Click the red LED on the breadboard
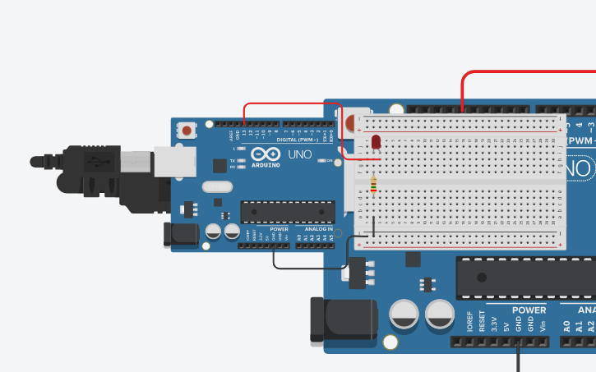(376, 143)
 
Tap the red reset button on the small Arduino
(188, 131)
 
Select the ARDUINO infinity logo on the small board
(266, 156)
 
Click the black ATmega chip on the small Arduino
(287, 211)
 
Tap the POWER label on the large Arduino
(529, 310)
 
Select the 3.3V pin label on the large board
(494, 324)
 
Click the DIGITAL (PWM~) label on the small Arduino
(296, 139)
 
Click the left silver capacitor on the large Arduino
(405, 314)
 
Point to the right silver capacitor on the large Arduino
(440, 314)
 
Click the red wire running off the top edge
(526, 73)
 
